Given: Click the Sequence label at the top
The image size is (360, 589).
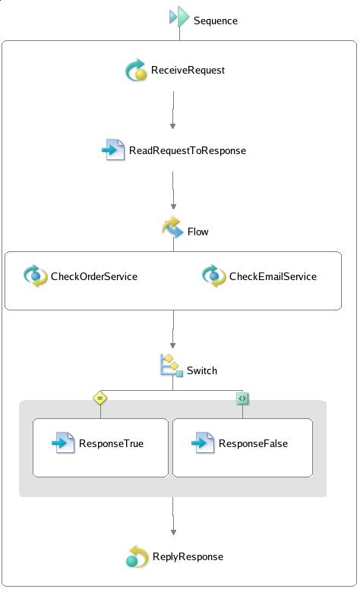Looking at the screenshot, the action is click(x=216, y=20).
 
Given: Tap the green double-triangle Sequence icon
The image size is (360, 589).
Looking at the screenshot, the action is click(x=179, y=17).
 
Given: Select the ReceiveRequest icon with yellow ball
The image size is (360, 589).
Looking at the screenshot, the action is click(x=136, y=70).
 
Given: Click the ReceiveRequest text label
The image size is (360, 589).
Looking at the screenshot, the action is click(x=188, y=71).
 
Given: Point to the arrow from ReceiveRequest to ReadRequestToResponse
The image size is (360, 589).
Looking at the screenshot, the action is click(x=173, y=110).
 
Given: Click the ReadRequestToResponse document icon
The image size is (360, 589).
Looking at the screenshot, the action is click(x=113, y=150).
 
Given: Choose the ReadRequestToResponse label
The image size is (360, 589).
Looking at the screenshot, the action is click(x=188, y=150).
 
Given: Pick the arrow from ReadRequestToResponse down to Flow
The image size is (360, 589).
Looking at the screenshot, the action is click(x=173, y=190).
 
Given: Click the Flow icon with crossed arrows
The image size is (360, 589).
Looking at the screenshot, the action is click(x=173, y=227).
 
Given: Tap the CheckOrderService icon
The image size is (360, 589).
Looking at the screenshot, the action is click(x=36, y=276).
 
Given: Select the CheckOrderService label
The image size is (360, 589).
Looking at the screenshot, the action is click(x=94, y=276).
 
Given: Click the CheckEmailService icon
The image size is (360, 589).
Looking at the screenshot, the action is click(x=214, y=276).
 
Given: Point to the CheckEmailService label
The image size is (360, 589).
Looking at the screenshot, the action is click(x=273, y=276).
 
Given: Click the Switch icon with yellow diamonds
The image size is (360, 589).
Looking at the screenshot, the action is click(x=172, y=365).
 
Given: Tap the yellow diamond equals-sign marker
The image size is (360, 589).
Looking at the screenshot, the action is click(x=100, y=398).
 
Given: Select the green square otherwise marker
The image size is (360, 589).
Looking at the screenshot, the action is click(x=242, y=398).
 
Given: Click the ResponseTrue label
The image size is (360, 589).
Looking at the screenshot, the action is click(x=111, y=443).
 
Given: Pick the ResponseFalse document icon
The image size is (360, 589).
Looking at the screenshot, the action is click(x=203, y=443).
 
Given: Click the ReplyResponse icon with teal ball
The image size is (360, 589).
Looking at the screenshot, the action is click(x=137, y=556).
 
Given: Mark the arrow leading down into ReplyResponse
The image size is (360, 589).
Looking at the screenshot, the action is click(x=173, y=515).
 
